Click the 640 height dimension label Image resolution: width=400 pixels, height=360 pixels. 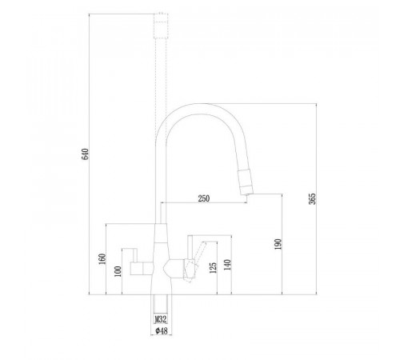click(85, 154)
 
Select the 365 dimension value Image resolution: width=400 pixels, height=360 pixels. click(312, 199)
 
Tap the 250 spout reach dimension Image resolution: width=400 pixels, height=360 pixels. click(204, 198)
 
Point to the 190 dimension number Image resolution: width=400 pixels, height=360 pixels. click(278, 244)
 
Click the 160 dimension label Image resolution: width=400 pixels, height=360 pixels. click(102, 259)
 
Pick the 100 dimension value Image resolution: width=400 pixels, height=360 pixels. click(118, 271)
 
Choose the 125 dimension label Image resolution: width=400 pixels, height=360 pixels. click(213, 268)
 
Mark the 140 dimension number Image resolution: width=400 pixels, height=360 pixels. click(227, 265)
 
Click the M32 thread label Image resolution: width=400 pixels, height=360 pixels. click(161, 319)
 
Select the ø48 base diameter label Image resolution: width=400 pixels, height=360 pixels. click(162, 331)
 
